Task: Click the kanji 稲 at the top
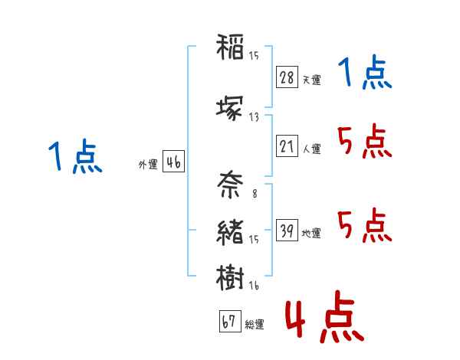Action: (x=230, y=47)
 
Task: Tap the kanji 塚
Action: (x=230, y=108)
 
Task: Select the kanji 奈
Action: (x=230, y=185)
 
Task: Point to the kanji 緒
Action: (x=230, y=232)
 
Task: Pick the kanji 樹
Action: (x=230, y=277)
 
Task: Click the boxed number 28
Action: (x=287, y=77)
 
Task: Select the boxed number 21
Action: (x=287, y=146)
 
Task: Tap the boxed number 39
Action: (x=287, y=230)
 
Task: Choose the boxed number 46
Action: (x=173, y=162)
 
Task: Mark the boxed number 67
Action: (x=230, y=321)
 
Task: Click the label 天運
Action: (x=312, y=80)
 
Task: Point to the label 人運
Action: (x=312, y=149)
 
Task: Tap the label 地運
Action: (x=311, y=233)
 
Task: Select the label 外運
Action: (x=148, y=165)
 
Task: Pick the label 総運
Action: (x=255, y=324)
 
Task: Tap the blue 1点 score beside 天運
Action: (x=365, y=72)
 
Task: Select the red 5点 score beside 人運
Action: (x=365, y=141)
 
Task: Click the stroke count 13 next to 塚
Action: (x=254, y=117)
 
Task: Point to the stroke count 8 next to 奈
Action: (x=255, y=194)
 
